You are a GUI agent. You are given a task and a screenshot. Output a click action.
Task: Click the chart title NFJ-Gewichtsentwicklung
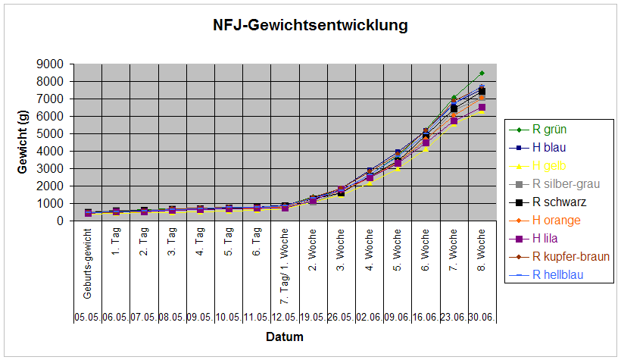pos(310,26)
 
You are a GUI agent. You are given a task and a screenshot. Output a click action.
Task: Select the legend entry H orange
pos(557,220)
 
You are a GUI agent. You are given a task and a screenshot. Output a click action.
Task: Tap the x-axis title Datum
pos(285,337)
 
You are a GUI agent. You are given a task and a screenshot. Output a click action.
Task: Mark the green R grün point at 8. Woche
pos(482,73)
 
